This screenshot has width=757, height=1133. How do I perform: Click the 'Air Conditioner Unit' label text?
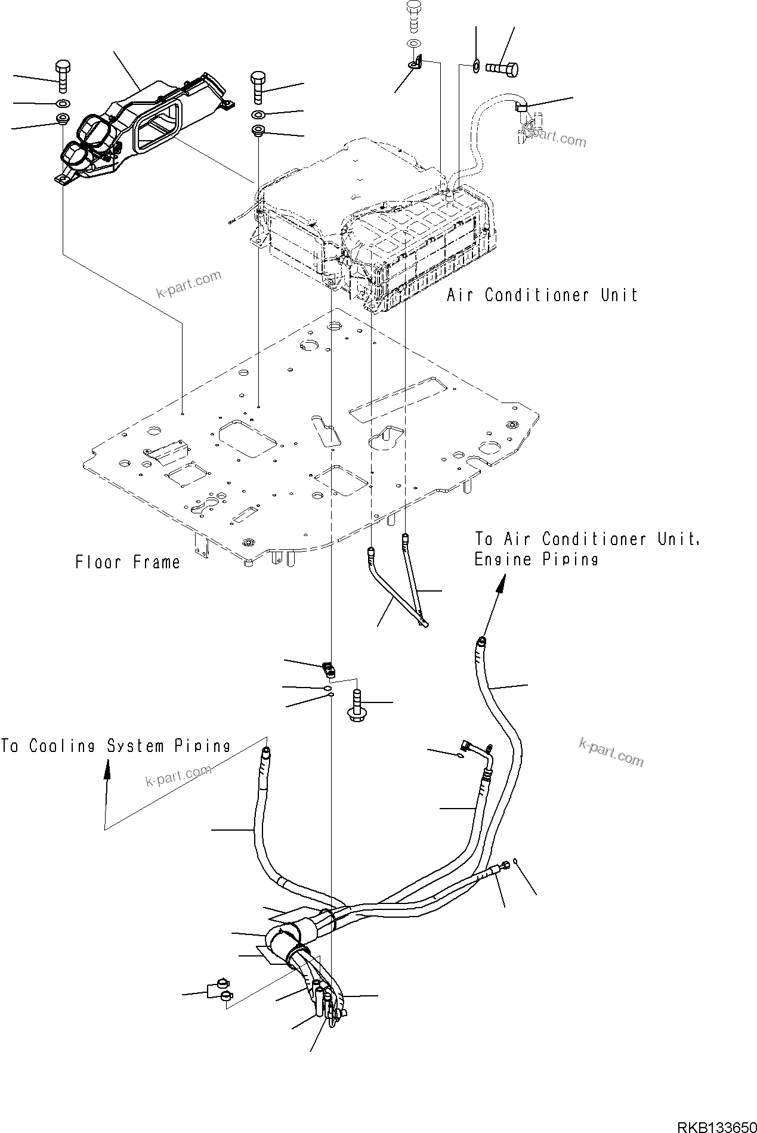click(x=542, y=295)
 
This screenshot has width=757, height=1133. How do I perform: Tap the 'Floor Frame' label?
click(x=128, y=562)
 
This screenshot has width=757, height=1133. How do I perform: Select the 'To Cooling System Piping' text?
click(x=116, y=746)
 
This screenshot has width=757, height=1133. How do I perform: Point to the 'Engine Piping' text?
click(x=536, y=559)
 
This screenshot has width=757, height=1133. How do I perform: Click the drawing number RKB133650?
click(x=716, y=1125)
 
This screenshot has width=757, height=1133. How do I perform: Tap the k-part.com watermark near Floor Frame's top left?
click(x=189, y=284)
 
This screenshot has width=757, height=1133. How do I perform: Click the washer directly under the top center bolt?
click(x=413, y=44)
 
